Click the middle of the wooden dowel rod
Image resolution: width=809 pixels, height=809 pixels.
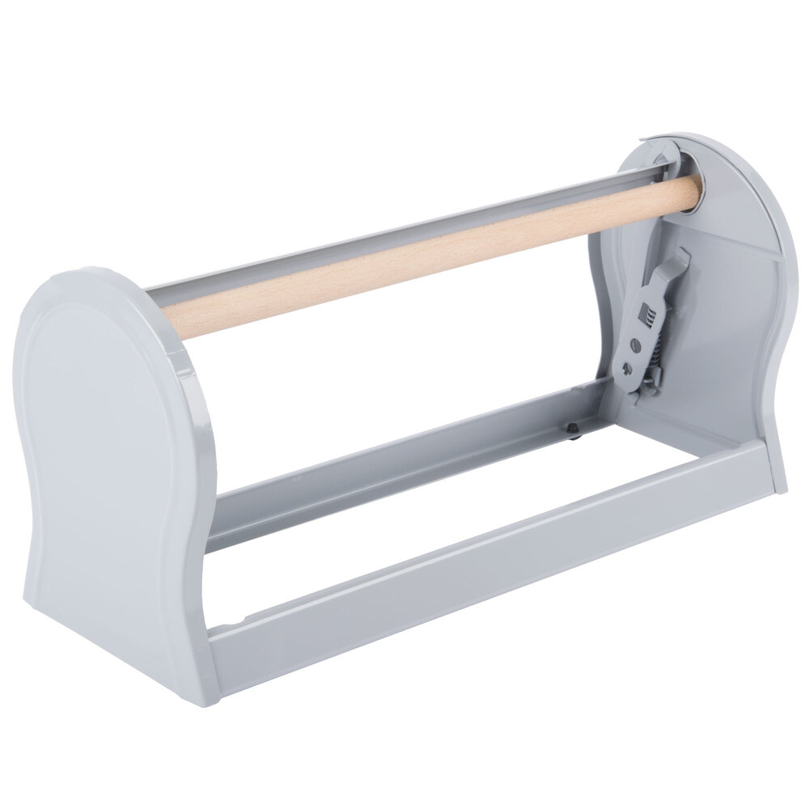(429, 252)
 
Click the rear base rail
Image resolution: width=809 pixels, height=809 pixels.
(404, 477)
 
